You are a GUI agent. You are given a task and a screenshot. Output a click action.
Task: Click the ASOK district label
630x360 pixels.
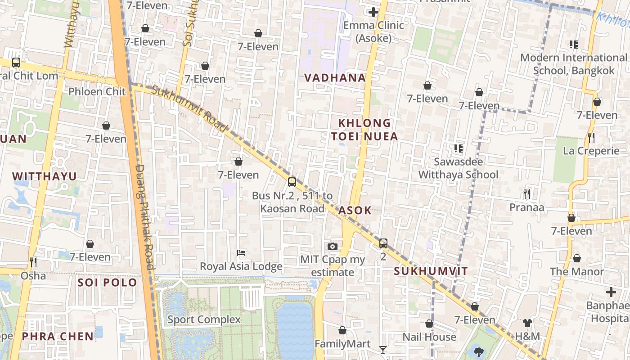coord(355,210)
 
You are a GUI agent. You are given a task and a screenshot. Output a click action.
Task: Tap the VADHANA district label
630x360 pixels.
coord(335,78)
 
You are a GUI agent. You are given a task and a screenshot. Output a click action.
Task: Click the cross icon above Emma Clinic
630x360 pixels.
coord(373,12)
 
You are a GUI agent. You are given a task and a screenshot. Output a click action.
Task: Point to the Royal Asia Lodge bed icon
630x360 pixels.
coord(241,253)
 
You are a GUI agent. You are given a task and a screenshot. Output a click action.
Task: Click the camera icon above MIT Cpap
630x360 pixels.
coord(333,246)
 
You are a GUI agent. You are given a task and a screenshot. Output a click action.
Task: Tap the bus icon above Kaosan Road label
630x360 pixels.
coord(292,182)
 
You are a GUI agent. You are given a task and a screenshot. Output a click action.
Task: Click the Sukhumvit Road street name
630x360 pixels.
coord(189,108)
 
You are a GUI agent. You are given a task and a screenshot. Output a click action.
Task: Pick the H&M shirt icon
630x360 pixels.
coord(527,323)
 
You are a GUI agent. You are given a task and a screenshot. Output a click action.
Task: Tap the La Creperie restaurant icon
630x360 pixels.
coord(591,137)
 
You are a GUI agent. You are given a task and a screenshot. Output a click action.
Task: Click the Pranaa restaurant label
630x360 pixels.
coord(526,207)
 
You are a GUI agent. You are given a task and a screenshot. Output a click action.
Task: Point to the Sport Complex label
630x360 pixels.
coord(204,319)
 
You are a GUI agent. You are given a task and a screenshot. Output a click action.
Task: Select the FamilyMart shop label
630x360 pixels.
coord(342,344)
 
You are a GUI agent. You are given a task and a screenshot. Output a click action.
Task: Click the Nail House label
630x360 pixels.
coord(429,337)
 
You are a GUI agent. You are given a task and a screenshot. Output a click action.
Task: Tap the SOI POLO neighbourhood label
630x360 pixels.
coord(107,283)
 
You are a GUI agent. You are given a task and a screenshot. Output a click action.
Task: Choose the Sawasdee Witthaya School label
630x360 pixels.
coord(458,168)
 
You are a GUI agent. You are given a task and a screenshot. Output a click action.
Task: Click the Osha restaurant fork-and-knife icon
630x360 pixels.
coord(33,261)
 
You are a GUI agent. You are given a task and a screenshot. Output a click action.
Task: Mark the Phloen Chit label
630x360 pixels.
coord(97,92)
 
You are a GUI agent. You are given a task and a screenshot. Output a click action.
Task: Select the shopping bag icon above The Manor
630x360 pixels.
coord(576,258)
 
